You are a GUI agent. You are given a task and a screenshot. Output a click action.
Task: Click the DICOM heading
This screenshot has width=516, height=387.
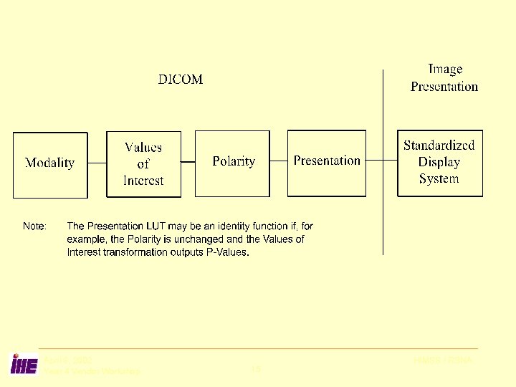(x=181, y=80)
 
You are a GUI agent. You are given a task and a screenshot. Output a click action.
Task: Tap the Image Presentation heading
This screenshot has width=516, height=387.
(x=444, y=77)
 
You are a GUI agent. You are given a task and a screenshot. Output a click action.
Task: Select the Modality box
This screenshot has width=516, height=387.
(x=50, y=164)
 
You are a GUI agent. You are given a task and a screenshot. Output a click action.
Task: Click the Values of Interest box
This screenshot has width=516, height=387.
(x=143, y=164)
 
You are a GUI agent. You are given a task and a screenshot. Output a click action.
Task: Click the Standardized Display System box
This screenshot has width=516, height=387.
(x=439, y=163)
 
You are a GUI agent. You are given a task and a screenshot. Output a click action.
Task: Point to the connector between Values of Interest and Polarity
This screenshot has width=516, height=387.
(x=188, y=162)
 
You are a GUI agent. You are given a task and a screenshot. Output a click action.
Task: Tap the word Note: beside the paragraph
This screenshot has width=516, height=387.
(x=35, y=226)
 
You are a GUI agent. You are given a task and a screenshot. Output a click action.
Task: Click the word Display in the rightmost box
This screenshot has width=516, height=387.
(x=439, y=162)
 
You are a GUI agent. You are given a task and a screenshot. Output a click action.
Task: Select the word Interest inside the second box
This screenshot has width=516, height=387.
(x=143, y=181)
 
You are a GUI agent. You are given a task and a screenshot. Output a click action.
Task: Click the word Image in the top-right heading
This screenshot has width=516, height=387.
(x=445, y=70)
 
